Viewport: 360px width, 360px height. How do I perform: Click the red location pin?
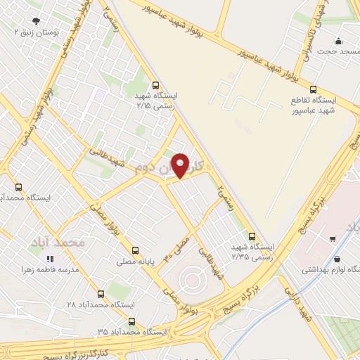coord(181,166)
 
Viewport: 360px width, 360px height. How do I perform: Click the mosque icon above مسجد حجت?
coord(339,41)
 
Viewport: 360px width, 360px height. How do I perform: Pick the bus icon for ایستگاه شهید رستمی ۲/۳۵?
coord(252,236)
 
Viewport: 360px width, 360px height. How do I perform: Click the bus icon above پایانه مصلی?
coord(136,250)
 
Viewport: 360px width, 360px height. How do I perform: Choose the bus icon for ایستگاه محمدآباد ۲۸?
coord(101,294)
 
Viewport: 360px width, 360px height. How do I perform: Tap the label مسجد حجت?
coord(332,51)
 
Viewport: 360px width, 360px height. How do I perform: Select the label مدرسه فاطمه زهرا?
coord(49,271)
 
